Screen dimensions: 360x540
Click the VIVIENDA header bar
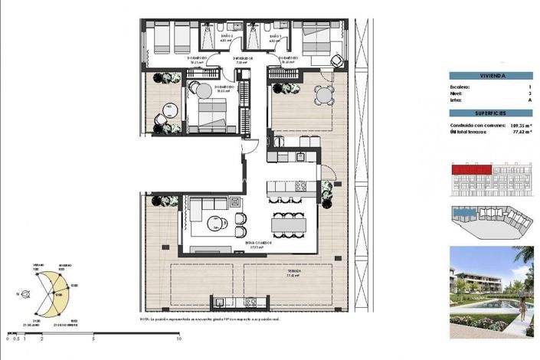coord(491,75)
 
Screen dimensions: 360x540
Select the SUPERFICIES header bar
coord(491,112)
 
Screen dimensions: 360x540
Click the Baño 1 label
coord(275,36)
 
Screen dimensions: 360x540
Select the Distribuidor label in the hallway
coord(244,57)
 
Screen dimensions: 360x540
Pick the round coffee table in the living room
coord(214,225)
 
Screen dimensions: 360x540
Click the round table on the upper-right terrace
coord(324,96)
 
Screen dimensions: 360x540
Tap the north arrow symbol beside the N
coord(27,294)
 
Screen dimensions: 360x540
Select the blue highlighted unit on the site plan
coord(464,214)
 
